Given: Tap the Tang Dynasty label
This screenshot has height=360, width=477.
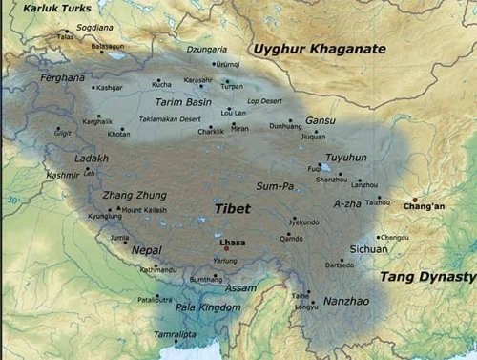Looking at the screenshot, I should click(427, 276).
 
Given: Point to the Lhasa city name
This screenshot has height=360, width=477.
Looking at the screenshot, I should click(232, 243).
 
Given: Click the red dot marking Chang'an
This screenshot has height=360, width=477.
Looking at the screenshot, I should click(414, 199).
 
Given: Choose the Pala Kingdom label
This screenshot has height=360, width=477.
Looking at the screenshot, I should click(207, 308).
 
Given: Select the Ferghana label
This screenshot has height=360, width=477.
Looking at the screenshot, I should click(62, 76).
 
